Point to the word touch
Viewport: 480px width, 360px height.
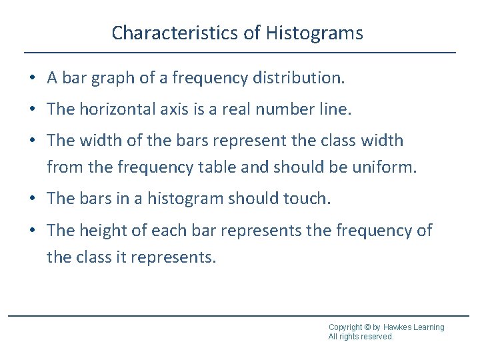tap(307, 199)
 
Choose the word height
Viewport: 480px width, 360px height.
tap(104, 231)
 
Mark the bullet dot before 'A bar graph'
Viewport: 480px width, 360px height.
tap(32, 79)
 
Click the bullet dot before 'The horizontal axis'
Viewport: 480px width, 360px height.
tap(32, 110)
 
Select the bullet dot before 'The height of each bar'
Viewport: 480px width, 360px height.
tap(32, 231)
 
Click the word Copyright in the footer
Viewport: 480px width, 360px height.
tap(345, 327)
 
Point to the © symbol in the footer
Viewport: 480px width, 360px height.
tap(368, 327)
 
